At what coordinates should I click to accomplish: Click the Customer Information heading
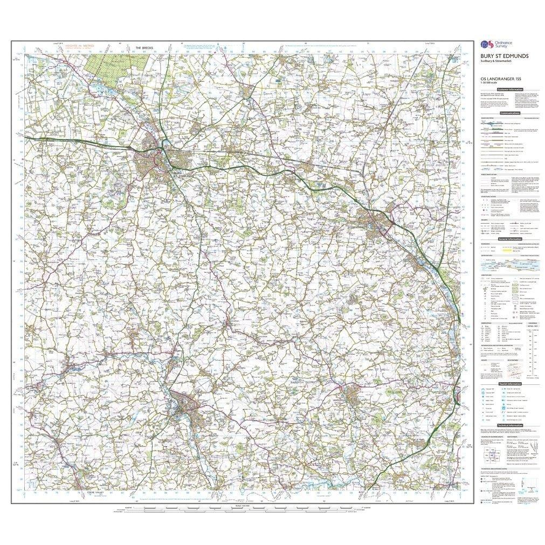(510, 89)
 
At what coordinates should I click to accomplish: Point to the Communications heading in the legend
(510, 113)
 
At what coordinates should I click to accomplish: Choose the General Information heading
(510, 239)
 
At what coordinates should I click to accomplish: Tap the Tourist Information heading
(510, 383)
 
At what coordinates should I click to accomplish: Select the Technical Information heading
(510, 425)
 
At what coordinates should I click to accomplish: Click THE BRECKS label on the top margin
(144, 48)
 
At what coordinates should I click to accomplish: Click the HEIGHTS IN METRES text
(79, 46)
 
